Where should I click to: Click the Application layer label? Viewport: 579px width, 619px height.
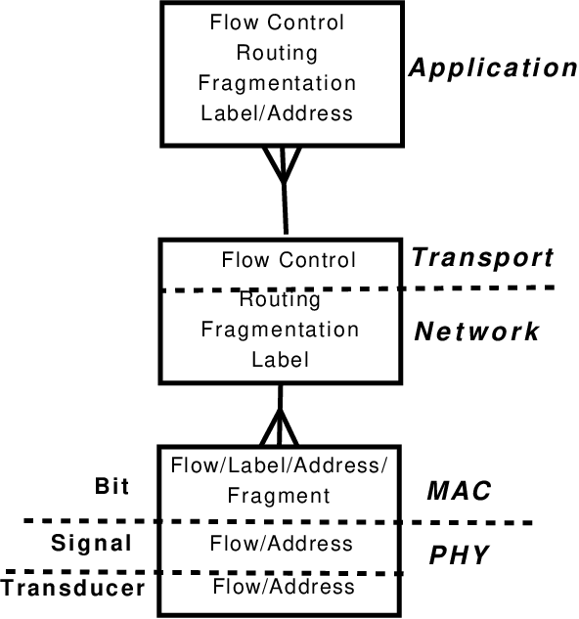click(x=493, y=68)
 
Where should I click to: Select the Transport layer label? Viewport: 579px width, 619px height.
click(x=482, y=258)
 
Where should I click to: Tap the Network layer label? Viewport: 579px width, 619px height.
click(x=476, y=332)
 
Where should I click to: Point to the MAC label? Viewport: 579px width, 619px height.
click(x=459, y=491)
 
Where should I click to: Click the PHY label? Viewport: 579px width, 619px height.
click(x=459, y=555)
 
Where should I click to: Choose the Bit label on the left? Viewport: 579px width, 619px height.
click(x=111, y=486)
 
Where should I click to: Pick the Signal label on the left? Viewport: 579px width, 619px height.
click(x=91, y=543)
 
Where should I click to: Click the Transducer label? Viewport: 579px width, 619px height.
click(x=73, y=588)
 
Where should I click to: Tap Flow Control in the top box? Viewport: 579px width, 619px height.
click(x=277, y=22)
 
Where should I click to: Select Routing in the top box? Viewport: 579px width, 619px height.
click(x=277, y=53)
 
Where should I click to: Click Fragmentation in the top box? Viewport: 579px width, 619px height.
click(x=277, y=83)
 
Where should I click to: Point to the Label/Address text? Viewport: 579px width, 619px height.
click(x=277, y=113)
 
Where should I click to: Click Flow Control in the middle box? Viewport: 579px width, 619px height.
click(x=289, y=260)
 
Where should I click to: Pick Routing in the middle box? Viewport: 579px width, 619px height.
click(x=280, y=299)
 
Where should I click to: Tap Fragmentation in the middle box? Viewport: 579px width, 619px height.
click(x=280, y=330)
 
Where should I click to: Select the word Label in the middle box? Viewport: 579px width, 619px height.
click(x=280, y=360)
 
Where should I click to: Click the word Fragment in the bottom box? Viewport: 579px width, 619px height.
click(x=279, y=496)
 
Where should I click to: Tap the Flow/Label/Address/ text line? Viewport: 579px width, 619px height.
click(x=280, y=465)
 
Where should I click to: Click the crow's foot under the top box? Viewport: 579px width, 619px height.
click(x=282, y=165)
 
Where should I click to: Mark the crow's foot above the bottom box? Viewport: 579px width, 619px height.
click(x=280, y=427)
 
